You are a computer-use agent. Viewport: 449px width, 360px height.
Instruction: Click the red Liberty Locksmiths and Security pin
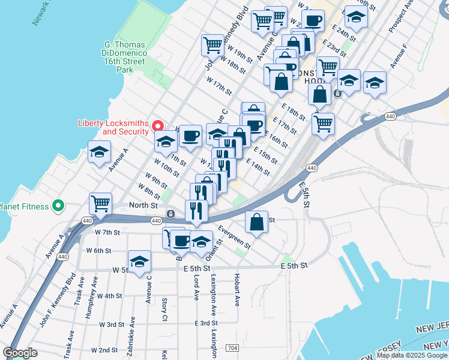point(158,125)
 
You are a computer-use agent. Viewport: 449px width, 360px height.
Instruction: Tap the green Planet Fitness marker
point(58,206)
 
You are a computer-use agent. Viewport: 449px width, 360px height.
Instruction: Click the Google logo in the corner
point(20,353)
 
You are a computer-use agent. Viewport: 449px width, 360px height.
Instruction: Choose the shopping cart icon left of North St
point(101,203)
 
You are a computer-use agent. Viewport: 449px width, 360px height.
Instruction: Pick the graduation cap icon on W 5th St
point(140,262)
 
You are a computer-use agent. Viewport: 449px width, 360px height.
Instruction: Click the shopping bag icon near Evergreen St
point(257,221)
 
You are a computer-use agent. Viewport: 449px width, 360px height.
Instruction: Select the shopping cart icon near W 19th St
point(213,44)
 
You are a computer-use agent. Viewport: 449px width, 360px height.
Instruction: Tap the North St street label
point(145,205)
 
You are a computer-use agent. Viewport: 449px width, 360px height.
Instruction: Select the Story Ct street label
point(164,310)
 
